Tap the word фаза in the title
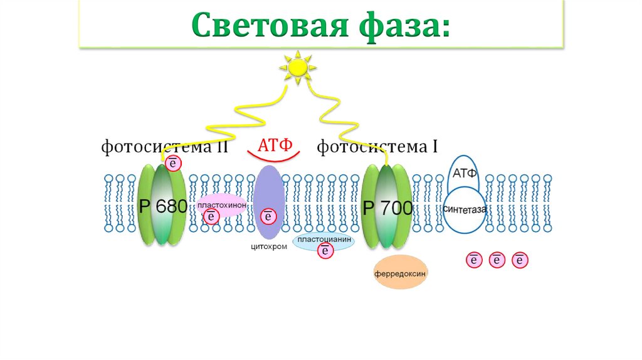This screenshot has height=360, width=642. pos(407,26)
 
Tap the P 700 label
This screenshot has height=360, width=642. pos(387,208)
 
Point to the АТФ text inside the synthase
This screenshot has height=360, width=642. pos(465,174)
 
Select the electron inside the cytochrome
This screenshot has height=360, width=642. pos(268,216)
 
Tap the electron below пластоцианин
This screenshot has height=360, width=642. pos(325,251)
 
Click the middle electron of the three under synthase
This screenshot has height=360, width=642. pos(497,260)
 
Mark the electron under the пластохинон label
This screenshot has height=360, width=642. pos(211,217)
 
